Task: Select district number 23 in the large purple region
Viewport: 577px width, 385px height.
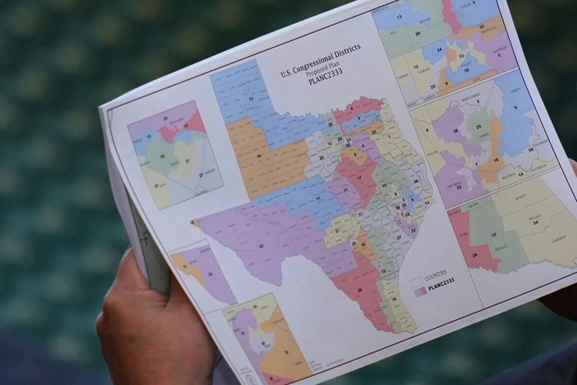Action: [x=262, y=246]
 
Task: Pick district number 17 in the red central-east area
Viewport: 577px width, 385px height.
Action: [x=359, y=177]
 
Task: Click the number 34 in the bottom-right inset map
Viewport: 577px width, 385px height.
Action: [x=551, y=225]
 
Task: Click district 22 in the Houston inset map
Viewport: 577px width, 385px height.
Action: [x=459, y=186]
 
